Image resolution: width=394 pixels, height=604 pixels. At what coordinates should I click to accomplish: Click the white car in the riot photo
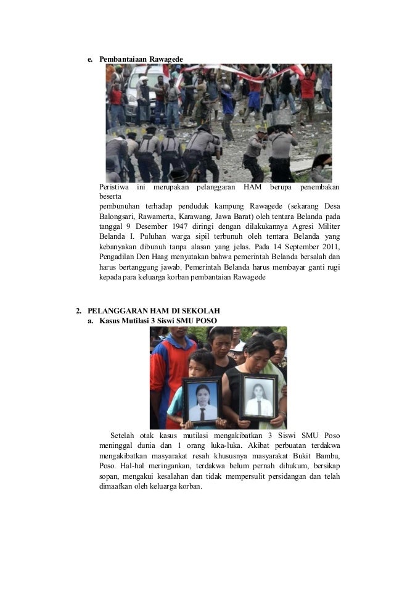(x=145, y=83)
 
